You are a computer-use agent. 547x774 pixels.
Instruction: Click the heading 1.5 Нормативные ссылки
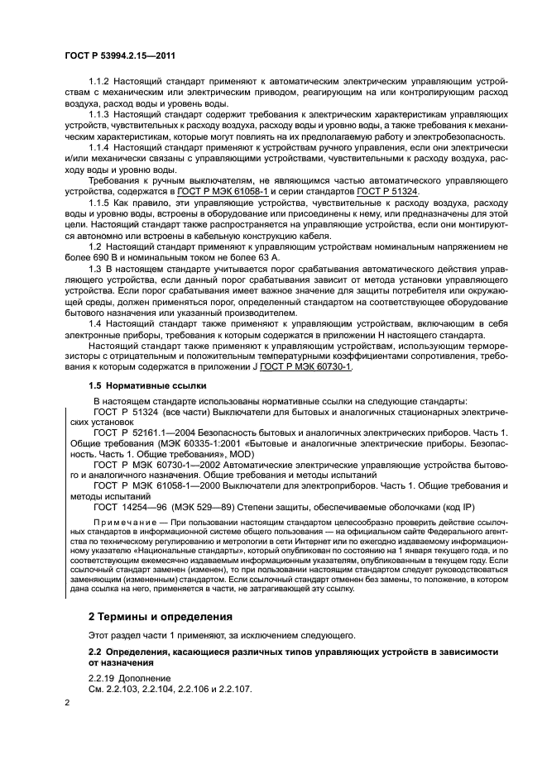pyautogui.click(x=142, y=386)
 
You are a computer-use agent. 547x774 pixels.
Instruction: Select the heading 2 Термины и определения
pyautogui.click(x=161, y=617)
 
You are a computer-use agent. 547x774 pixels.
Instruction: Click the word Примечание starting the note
pyautogui.click(x=124, y=524)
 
